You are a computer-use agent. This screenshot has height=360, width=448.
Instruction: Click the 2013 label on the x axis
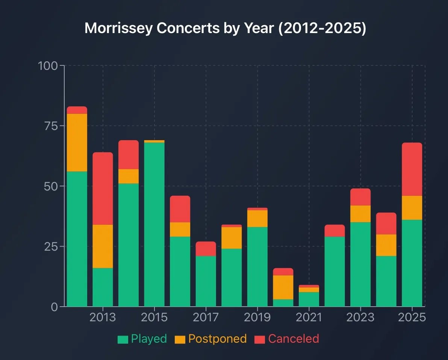pos(103,318)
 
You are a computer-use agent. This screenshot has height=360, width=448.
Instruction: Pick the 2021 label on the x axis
pos(309,318)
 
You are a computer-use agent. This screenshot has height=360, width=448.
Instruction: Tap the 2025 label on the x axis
pos(412,318)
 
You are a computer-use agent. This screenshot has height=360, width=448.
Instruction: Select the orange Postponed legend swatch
pos(180,339)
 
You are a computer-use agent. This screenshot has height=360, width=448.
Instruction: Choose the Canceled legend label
pos(293,339)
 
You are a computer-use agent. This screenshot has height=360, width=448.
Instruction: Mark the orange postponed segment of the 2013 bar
pos(103,246)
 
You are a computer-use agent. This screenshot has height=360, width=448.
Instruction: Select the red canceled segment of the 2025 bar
pos(412,169)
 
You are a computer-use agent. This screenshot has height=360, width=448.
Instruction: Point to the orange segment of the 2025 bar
pos(412,208)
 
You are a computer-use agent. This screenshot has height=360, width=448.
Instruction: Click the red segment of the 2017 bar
pos(206,249)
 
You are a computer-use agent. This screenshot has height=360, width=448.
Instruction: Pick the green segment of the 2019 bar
pos(257,266)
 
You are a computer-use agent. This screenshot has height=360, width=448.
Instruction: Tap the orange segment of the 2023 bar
pos(360,214)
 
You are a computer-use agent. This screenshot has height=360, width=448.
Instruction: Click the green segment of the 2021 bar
pos(309,299)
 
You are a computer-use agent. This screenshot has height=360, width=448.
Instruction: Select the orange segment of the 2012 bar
pos(77,142)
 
